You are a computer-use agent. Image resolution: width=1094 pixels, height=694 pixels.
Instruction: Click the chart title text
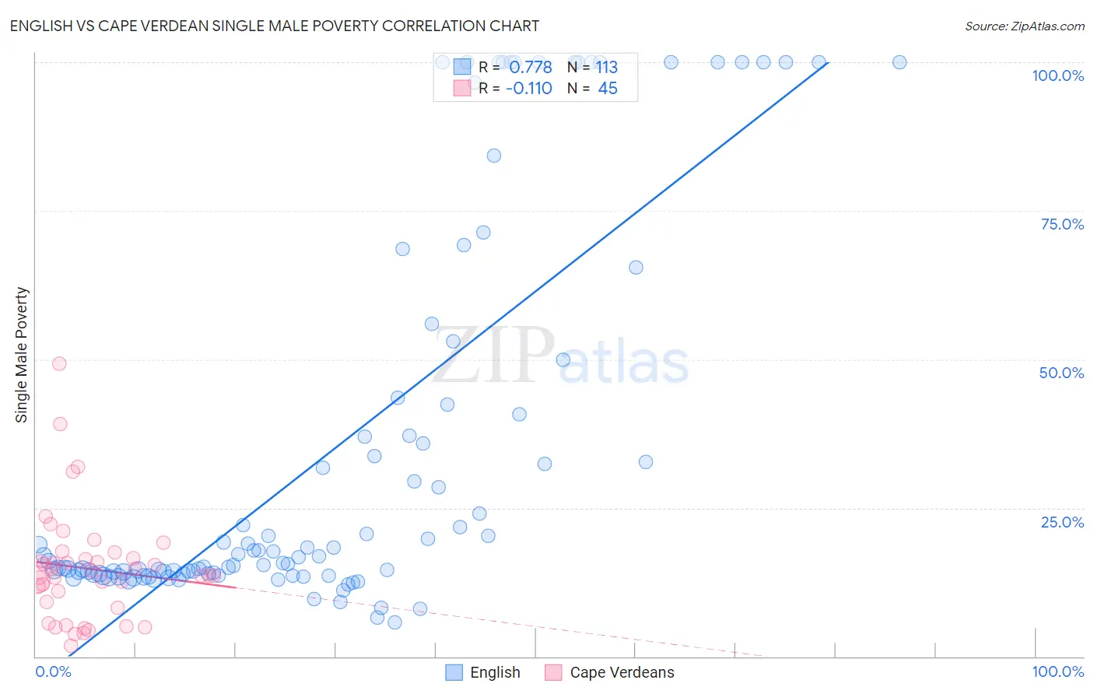[x=274, y=26]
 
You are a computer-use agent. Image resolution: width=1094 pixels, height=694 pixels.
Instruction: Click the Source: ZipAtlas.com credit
[x=1024, y=26]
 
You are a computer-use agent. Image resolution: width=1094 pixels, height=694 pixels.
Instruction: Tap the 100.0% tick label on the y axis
[x=1057, y=75]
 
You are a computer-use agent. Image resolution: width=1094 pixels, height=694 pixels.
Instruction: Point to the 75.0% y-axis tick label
[x=1061, y=224]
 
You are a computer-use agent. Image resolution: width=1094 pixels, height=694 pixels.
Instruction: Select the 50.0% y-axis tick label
[x=1061, y=373]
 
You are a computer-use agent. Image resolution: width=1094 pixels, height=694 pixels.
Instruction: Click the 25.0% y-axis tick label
[x=1061, y=522]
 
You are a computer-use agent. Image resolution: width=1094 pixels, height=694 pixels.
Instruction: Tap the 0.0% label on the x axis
[x=53, y=671]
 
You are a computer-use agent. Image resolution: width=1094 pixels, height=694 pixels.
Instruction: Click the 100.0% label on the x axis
[x=1057, y=671]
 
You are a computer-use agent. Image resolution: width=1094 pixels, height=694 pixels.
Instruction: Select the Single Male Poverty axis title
[x=22, y=355]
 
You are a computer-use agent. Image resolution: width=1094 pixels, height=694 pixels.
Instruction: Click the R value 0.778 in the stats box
[x=531, y=68]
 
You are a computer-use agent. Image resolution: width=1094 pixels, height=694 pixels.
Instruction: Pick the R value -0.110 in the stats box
[x=528, y=89]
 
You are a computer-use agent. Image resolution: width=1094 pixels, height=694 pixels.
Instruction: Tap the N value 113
[x=607, y=68]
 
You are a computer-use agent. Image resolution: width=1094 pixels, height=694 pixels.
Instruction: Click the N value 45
[x=607, y=89]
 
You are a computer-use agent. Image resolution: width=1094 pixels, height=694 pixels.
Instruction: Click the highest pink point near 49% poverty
[x=59, y=363]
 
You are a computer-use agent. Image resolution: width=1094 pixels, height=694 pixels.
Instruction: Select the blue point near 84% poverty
[x=494, y=156]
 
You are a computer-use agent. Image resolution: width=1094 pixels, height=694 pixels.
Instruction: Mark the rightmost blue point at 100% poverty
[x=899, y=62]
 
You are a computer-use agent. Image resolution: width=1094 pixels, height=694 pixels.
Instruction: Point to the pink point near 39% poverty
[x=60, y=424]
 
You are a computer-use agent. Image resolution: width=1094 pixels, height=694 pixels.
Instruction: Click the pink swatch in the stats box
[x=462, y=88]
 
